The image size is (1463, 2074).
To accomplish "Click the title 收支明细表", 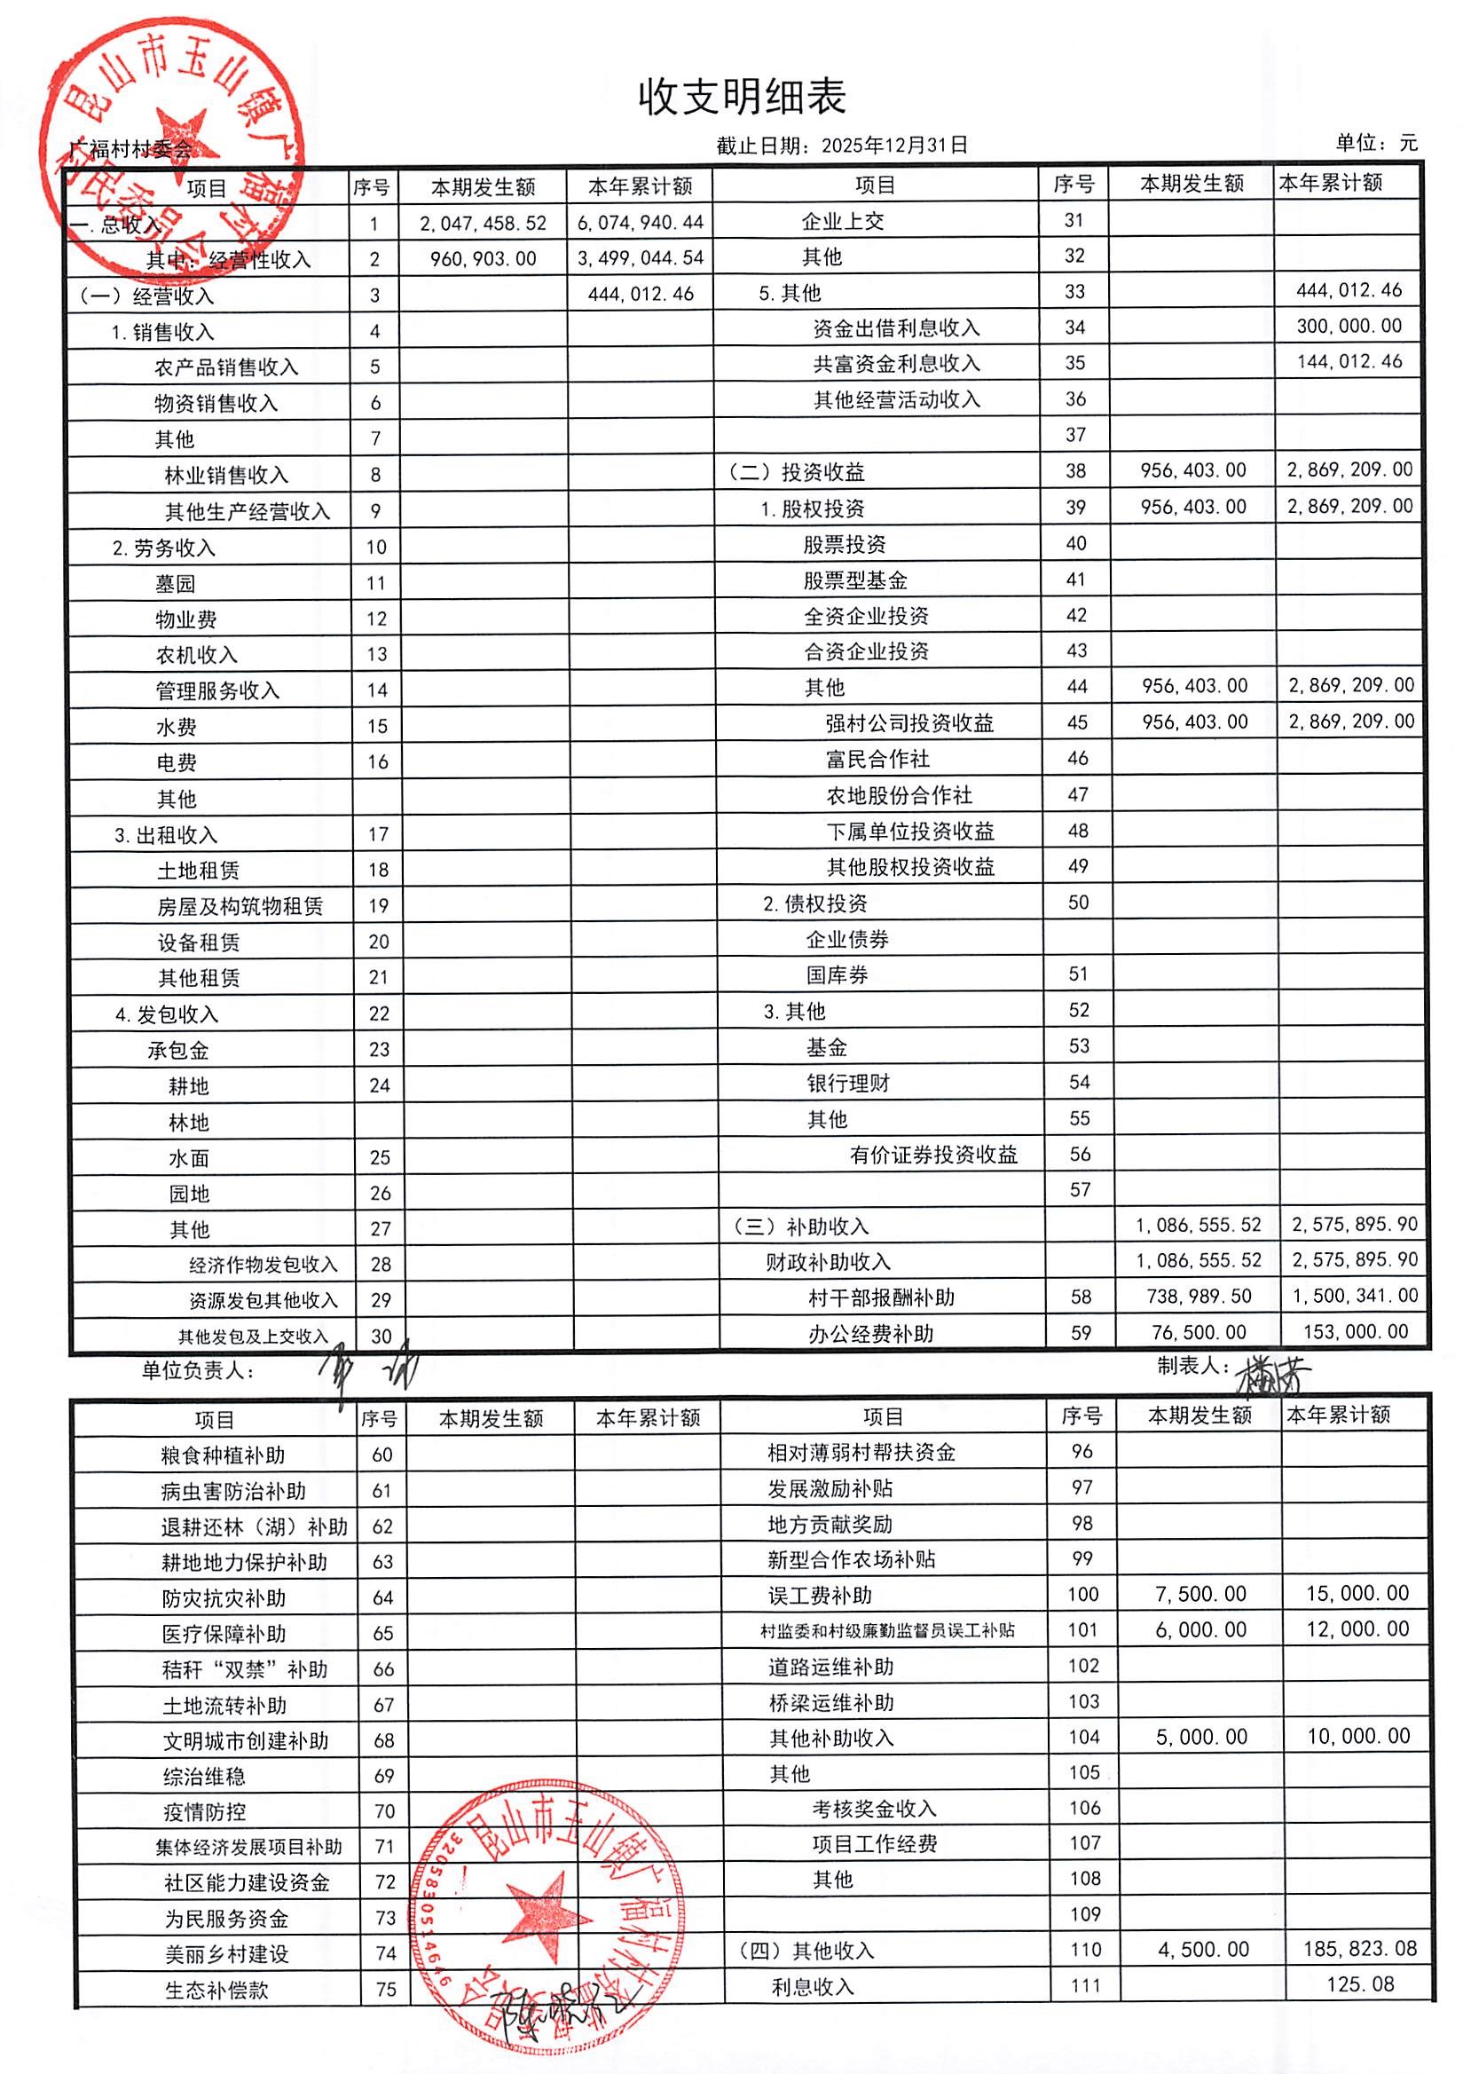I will (x=742, y=97).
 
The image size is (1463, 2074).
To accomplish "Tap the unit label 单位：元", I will (x=1376, y=143).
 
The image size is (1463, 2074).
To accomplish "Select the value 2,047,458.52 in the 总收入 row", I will (x=484, y=223).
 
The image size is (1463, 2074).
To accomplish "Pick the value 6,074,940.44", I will (x=641, y=222).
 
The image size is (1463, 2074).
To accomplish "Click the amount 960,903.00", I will (x=484, y=259).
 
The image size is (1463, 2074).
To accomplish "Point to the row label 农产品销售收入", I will (x=225, y=367).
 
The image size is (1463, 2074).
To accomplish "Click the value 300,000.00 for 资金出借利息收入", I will (x=1349, y=326).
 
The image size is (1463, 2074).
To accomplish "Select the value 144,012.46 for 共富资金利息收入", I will (x=1349, y=362).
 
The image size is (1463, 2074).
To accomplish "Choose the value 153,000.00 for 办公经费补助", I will (x=1356, y=1331).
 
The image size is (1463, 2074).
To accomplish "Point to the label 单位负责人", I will (x=198, y=1371).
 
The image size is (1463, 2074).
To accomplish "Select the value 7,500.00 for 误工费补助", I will (x=1200, y=1594).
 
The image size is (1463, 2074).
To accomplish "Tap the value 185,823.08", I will (x=1359, y=1949).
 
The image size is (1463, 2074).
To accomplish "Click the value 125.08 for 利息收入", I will (x=1361, y=1983).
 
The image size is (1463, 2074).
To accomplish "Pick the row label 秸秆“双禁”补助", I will (x=245, y=1669).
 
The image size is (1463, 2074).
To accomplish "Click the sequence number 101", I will (x=1082, y=1629).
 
